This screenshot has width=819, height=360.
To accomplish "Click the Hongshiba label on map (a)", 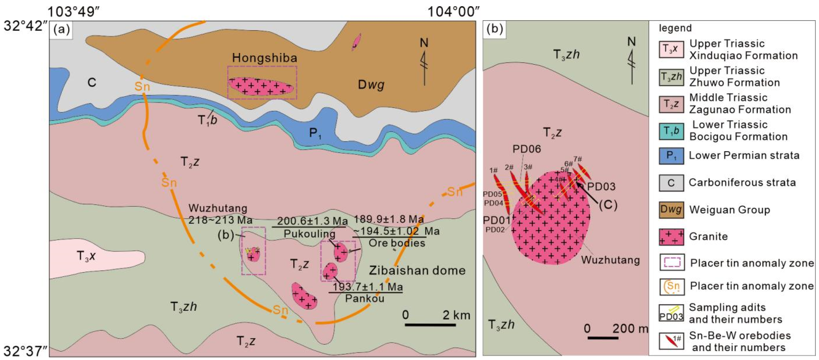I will pyautogui.click(x=264, y=58).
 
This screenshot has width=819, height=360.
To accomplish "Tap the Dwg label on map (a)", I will pyautogui.click(x=371, y=85).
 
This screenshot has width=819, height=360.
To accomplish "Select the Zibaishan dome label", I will pyautogui.click(x=417, y=271).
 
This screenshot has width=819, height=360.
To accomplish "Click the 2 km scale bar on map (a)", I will pyautogui.click(x=430, y=325).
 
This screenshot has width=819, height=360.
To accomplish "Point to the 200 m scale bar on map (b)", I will pyautogui.click(x=603, y=337).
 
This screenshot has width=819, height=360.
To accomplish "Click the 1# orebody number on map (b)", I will pyautogui.click(x=493, y=171).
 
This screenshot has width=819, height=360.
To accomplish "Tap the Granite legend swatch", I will pyautogui.click(x=671, y=237).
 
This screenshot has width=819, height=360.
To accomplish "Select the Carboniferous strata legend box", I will pyautogui.click(x=671, y=183).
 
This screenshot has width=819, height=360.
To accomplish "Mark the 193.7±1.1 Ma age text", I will pyautogui.click(x=367, y=287).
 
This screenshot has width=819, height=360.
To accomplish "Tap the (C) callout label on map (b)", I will pyautogui.click(x=608, y=205).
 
